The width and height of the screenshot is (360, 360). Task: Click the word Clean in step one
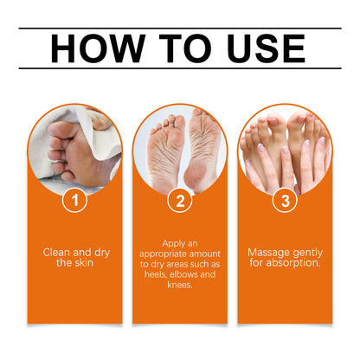[x=58, y=252]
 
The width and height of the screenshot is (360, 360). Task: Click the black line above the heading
[x=180, y=28]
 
